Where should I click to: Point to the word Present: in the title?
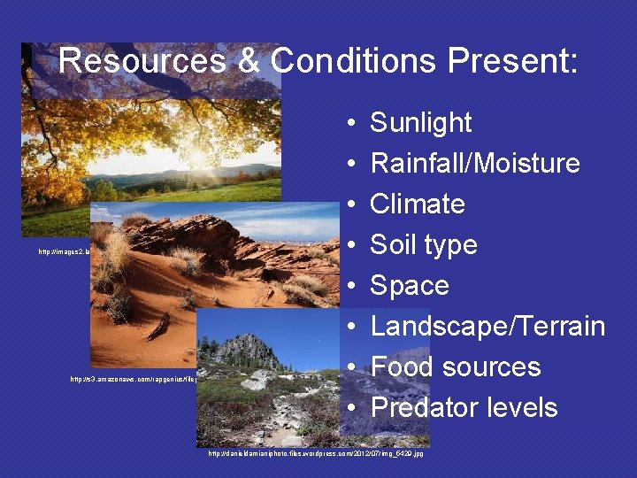tap(513, 61)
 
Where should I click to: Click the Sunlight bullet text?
tap(420, 122)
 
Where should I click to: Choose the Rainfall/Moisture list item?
tap(474, 163)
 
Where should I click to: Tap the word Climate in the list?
tap(417, 204)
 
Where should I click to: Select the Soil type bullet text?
tap(423, 244)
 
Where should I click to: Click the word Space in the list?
tap(409, 285)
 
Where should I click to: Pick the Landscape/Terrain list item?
tap(487, 326)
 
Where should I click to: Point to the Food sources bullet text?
tap(455, 366)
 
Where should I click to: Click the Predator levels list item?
tap(464, 407)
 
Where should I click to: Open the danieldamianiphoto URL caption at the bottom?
tap(315, 453)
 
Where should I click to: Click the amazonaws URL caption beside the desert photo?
tap(133, 379)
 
